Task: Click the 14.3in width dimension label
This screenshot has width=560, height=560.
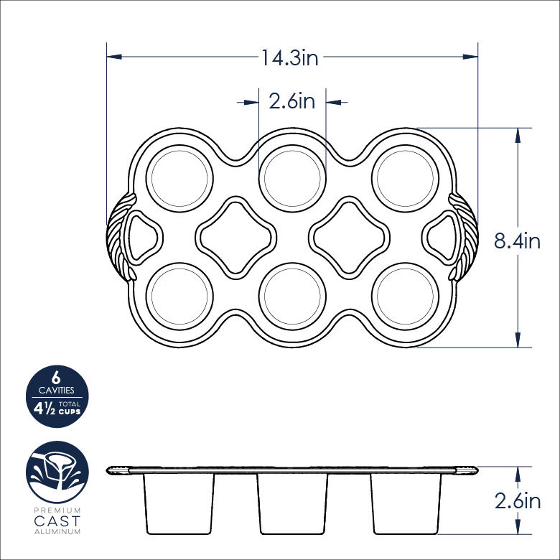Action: tap(289, 58)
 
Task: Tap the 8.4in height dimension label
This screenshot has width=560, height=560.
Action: tap(516, 241)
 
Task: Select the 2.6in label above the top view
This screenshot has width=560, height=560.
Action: tap(291, 101)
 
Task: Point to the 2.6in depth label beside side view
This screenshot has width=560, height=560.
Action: tap(517, 500)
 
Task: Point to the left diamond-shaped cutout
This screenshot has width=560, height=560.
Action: tap(235, 237)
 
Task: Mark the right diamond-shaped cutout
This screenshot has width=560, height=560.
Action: tap(349, 237)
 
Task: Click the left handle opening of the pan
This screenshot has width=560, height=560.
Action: tap(144, 237)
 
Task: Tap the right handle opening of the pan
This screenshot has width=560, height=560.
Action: tap(439, 237)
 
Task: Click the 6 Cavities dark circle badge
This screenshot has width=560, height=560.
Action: tap(57, 397)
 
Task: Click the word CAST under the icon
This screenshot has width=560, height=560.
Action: tap(57, 521)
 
